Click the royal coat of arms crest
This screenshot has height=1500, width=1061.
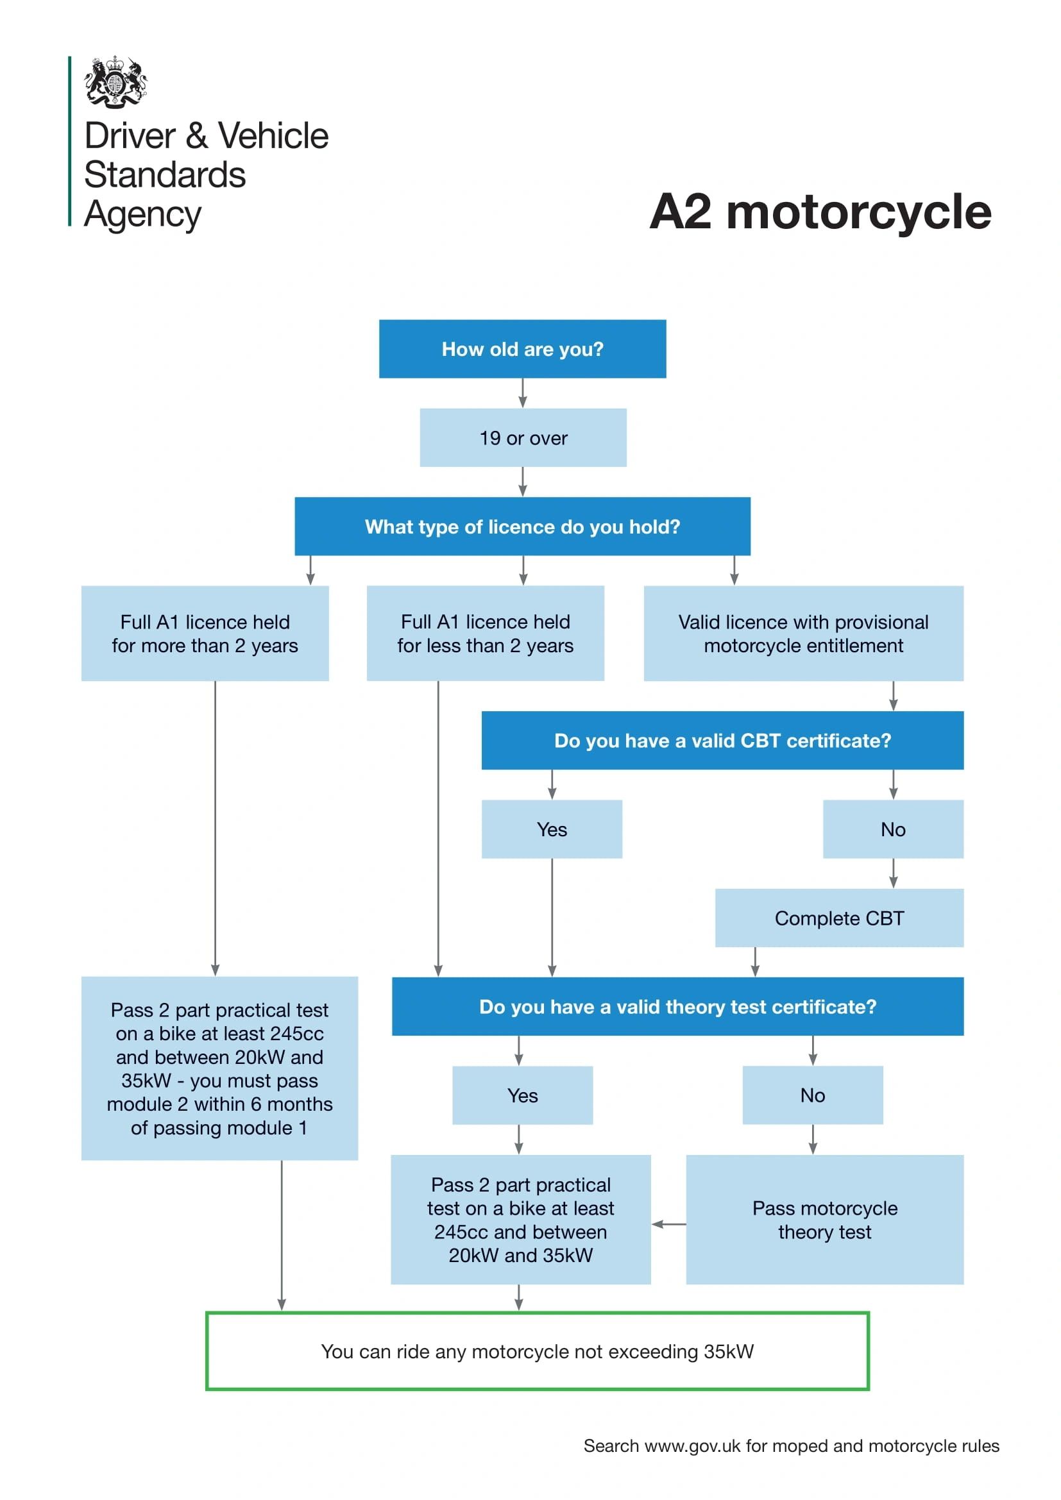[115, 81]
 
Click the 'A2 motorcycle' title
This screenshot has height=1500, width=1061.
[820, 212]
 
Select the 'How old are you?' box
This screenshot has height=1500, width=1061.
[522, 349]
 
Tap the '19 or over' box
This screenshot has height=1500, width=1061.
[523, 438]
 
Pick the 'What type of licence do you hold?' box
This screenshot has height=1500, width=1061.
[522, 527]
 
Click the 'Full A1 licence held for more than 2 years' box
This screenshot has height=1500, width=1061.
[205, 633]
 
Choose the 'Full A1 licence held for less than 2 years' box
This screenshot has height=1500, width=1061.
[485, 633]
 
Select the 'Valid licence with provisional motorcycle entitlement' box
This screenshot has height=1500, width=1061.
[803, 633]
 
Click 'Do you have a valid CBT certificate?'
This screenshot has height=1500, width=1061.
[722, 740]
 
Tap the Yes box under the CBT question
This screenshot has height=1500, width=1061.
[552, 829]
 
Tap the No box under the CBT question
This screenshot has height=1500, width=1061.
[892, 829]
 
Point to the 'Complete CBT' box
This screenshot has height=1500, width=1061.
[839, 918]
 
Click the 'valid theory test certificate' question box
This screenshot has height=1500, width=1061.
[677, 1007]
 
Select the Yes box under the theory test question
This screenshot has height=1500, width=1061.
[522, 1095]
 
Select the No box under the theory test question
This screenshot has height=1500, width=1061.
[812, 1095]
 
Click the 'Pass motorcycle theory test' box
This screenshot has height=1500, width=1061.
[824, 1220]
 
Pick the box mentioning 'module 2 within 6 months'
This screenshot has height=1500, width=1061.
[219, 1068]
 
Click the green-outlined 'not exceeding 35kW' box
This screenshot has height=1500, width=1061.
[537, 1351]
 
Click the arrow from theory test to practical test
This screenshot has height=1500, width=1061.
[668, 1224]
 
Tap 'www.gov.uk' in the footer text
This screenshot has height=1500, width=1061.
[692, 1445]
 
